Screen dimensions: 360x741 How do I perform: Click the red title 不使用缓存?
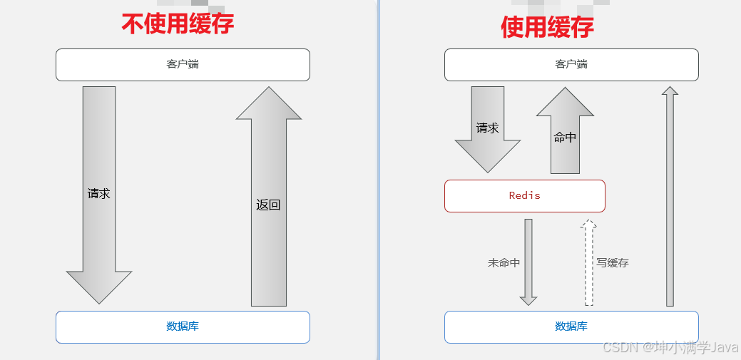point(178,24)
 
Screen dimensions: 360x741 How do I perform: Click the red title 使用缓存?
point(547,26)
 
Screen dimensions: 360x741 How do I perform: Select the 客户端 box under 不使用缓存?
point(183,64)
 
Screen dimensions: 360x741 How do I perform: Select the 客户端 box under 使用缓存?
point(571,64)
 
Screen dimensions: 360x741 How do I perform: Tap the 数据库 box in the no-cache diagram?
point(183,326)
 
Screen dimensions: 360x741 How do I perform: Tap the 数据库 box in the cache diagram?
point(571,326)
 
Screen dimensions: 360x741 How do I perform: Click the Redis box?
point(524,195)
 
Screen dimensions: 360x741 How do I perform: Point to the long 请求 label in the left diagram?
point(98,193)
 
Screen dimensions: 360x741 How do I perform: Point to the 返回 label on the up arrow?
point(268,205)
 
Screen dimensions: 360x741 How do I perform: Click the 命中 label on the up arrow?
point(565,138)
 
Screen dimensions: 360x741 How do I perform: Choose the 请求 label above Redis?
point(487,128)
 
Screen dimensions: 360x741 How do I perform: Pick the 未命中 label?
point(504,263)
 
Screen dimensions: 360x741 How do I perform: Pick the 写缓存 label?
point(613,263)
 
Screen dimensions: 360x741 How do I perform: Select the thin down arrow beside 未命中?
point(528,261)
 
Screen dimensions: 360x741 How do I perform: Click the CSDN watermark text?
point(669,347)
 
